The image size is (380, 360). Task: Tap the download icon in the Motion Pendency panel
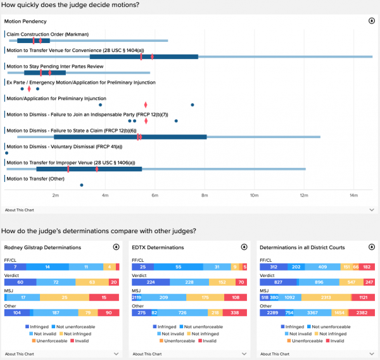(371, 21)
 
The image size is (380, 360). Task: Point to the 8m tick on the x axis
(205, 195)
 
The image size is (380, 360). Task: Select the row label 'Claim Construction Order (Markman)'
(47, 34)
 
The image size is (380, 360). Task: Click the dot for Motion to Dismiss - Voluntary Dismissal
(6, 153)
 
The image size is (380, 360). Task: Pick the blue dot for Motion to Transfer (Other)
(82, 185)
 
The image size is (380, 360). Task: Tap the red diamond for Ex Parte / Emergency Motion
(29, 89)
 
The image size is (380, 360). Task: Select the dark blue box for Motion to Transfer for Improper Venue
(89, 169)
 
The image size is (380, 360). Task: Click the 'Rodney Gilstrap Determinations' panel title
(42, 247)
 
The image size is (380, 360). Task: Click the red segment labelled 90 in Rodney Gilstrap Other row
(108, 312)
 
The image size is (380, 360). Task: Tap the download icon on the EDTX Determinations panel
(244, 247)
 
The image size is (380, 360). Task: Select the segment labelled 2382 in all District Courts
(362, 312)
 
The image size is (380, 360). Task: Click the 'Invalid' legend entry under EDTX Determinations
(208, 340)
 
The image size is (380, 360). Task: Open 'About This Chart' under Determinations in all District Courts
(275, 354)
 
